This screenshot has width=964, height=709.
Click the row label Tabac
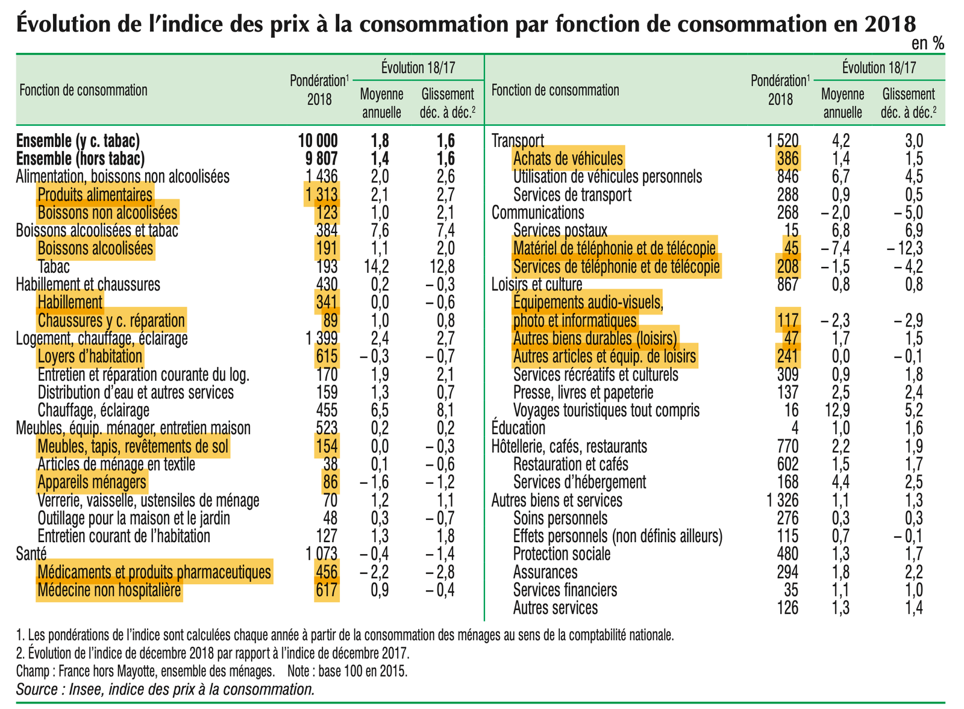[x=54, y=267]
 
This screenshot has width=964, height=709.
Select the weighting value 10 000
[x=318, y=141]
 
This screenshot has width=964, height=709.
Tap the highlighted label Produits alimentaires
[x=95, y=195]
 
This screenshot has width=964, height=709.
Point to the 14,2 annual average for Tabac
[x=376, y=267]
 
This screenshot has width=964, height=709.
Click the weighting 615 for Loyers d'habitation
[x=327, y=357]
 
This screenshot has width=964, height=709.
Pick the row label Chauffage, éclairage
[x=93, y=410]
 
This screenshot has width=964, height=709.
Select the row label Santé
[x=31, y=554]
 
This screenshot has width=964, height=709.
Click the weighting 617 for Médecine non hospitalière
[x=327, y=590]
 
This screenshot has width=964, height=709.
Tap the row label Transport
[x=518, y=141]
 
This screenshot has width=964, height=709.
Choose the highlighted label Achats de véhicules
[x=568, y=159]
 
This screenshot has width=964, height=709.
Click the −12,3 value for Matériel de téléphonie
[x=904, y=249]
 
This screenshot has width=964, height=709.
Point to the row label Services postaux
[x=560, y=231]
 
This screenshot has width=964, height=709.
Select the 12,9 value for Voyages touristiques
[x=837, y=410]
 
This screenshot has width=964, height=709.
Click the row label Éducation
[x=518, y=428]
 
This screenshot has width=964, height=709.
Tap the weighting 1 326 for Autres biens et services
[x=782, y=501]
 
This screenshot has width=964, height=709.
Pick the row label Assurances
[x=545, y=572]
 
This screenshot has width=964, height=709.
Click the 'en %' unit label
[x=927, y=43]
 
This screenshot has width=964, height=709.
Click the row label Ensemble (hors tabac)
[x=80, y=159]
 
